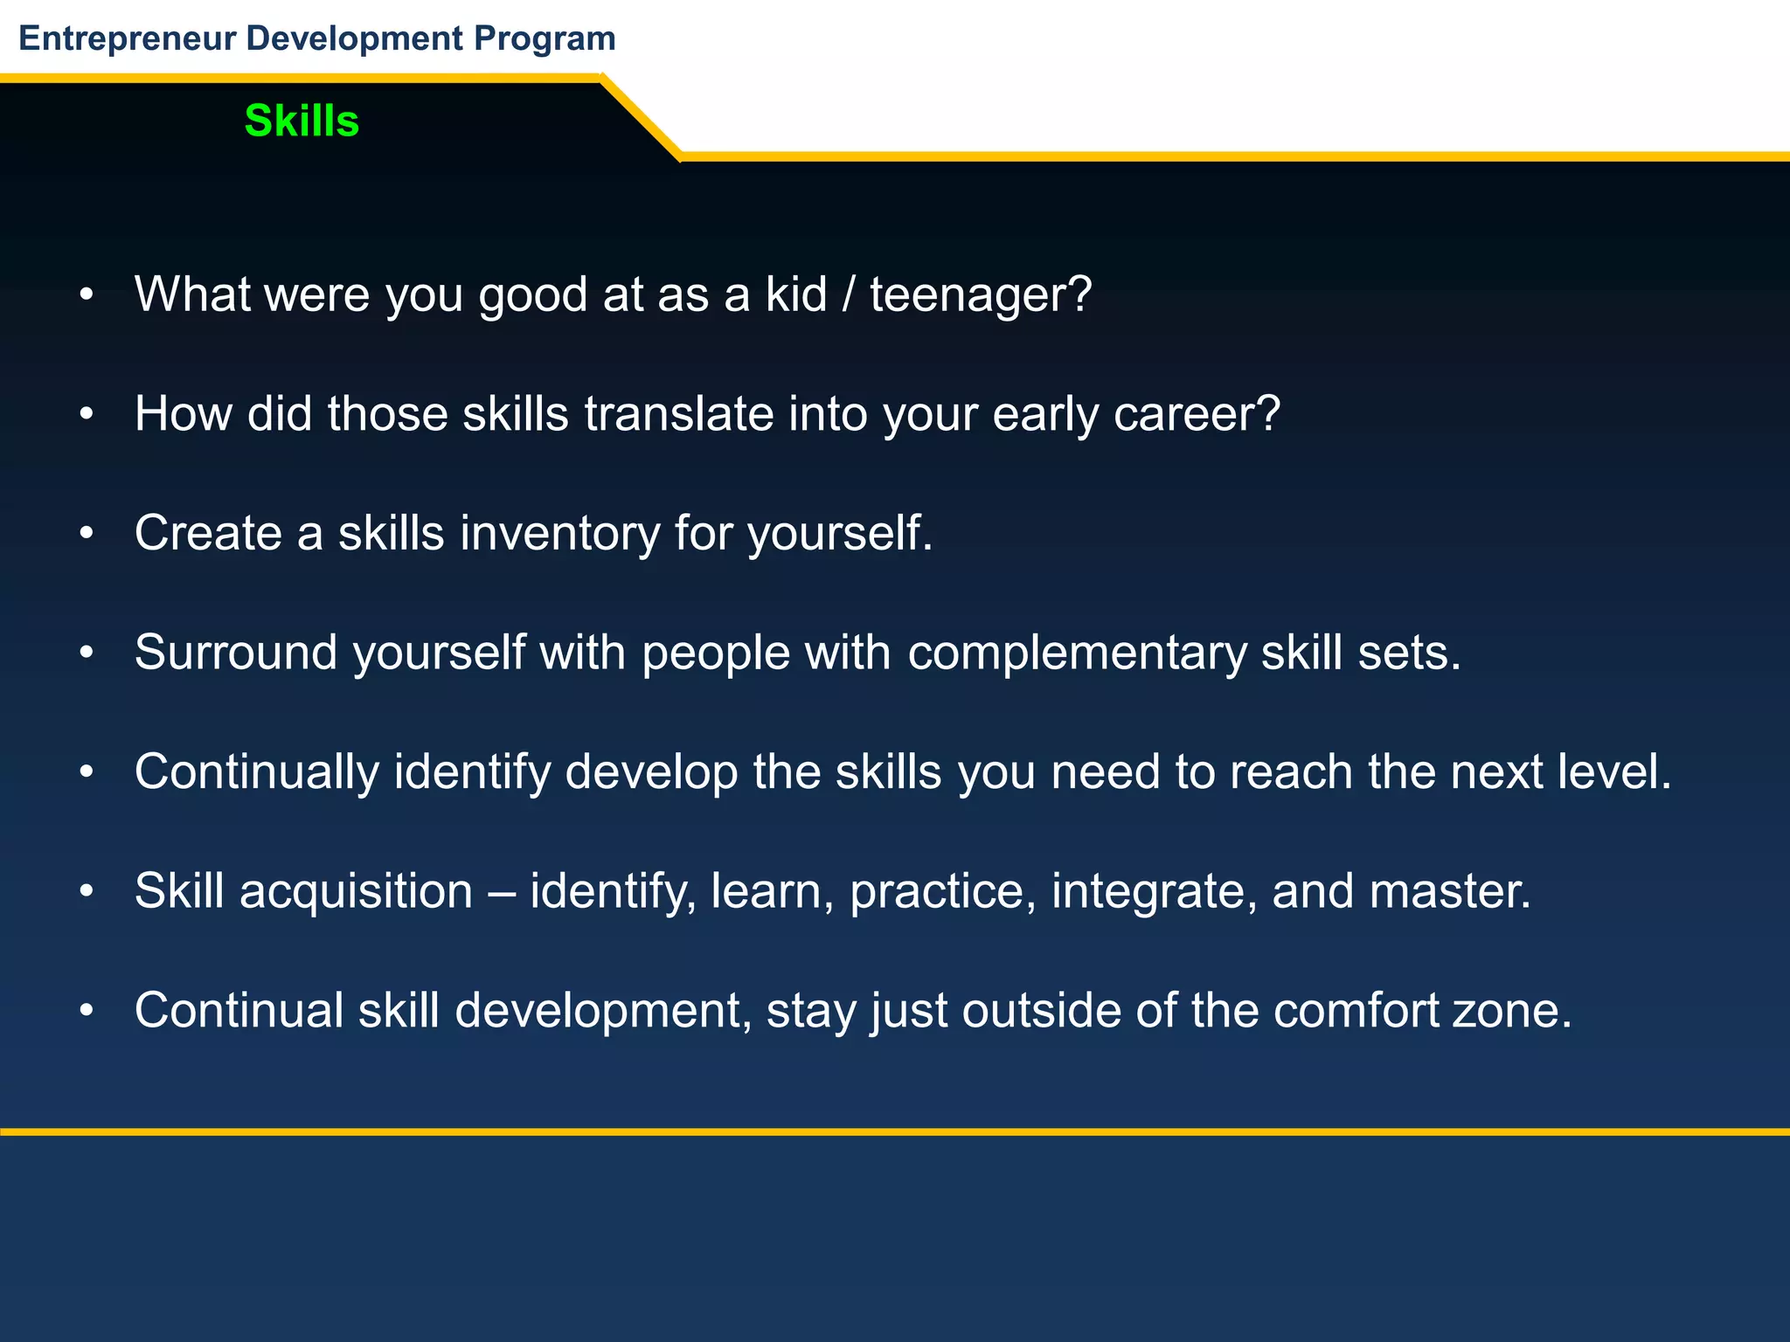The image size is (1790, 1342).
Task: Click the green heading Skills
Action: pyautogui.click(x=302, y=121)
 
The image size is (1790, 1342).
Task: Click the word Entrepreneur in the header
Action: pyautogui.click(x=128, y=38)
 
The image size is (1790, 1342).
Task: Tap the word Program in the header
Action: pyautogui.click(x=545, y=38)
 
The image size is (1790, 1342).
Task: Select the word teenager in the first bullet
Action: pyautogui.click(x=971, y=295)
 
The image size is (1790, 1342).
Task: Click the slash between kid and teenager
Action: pyautogui.click(x=849, y=294)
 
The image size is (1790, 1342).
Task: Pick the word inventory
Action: pyautogui.click(x=559, y=533)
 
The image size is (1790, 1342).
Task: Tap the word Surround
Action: pyautogui.click(x=236, y=652)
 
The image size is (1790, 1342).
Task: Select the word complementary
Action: pyautogui.click(x=1077, y=654)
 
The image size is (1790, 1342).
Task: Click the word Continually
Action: pyautogui.click(x=257, y=772)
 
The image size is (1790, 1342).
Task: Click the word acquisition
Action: pyautogui.click(x=356, y=892)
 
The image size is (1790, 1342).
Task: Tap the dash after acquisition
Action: pyautogui.click(x=501, y=893)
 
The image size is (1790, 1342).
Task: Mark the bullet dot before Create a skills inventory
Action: pyautogui.click(x=86, y=533)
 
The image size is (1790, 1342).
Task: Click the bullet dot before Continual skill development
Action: pyautogui.click(x=86, y=1011)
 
